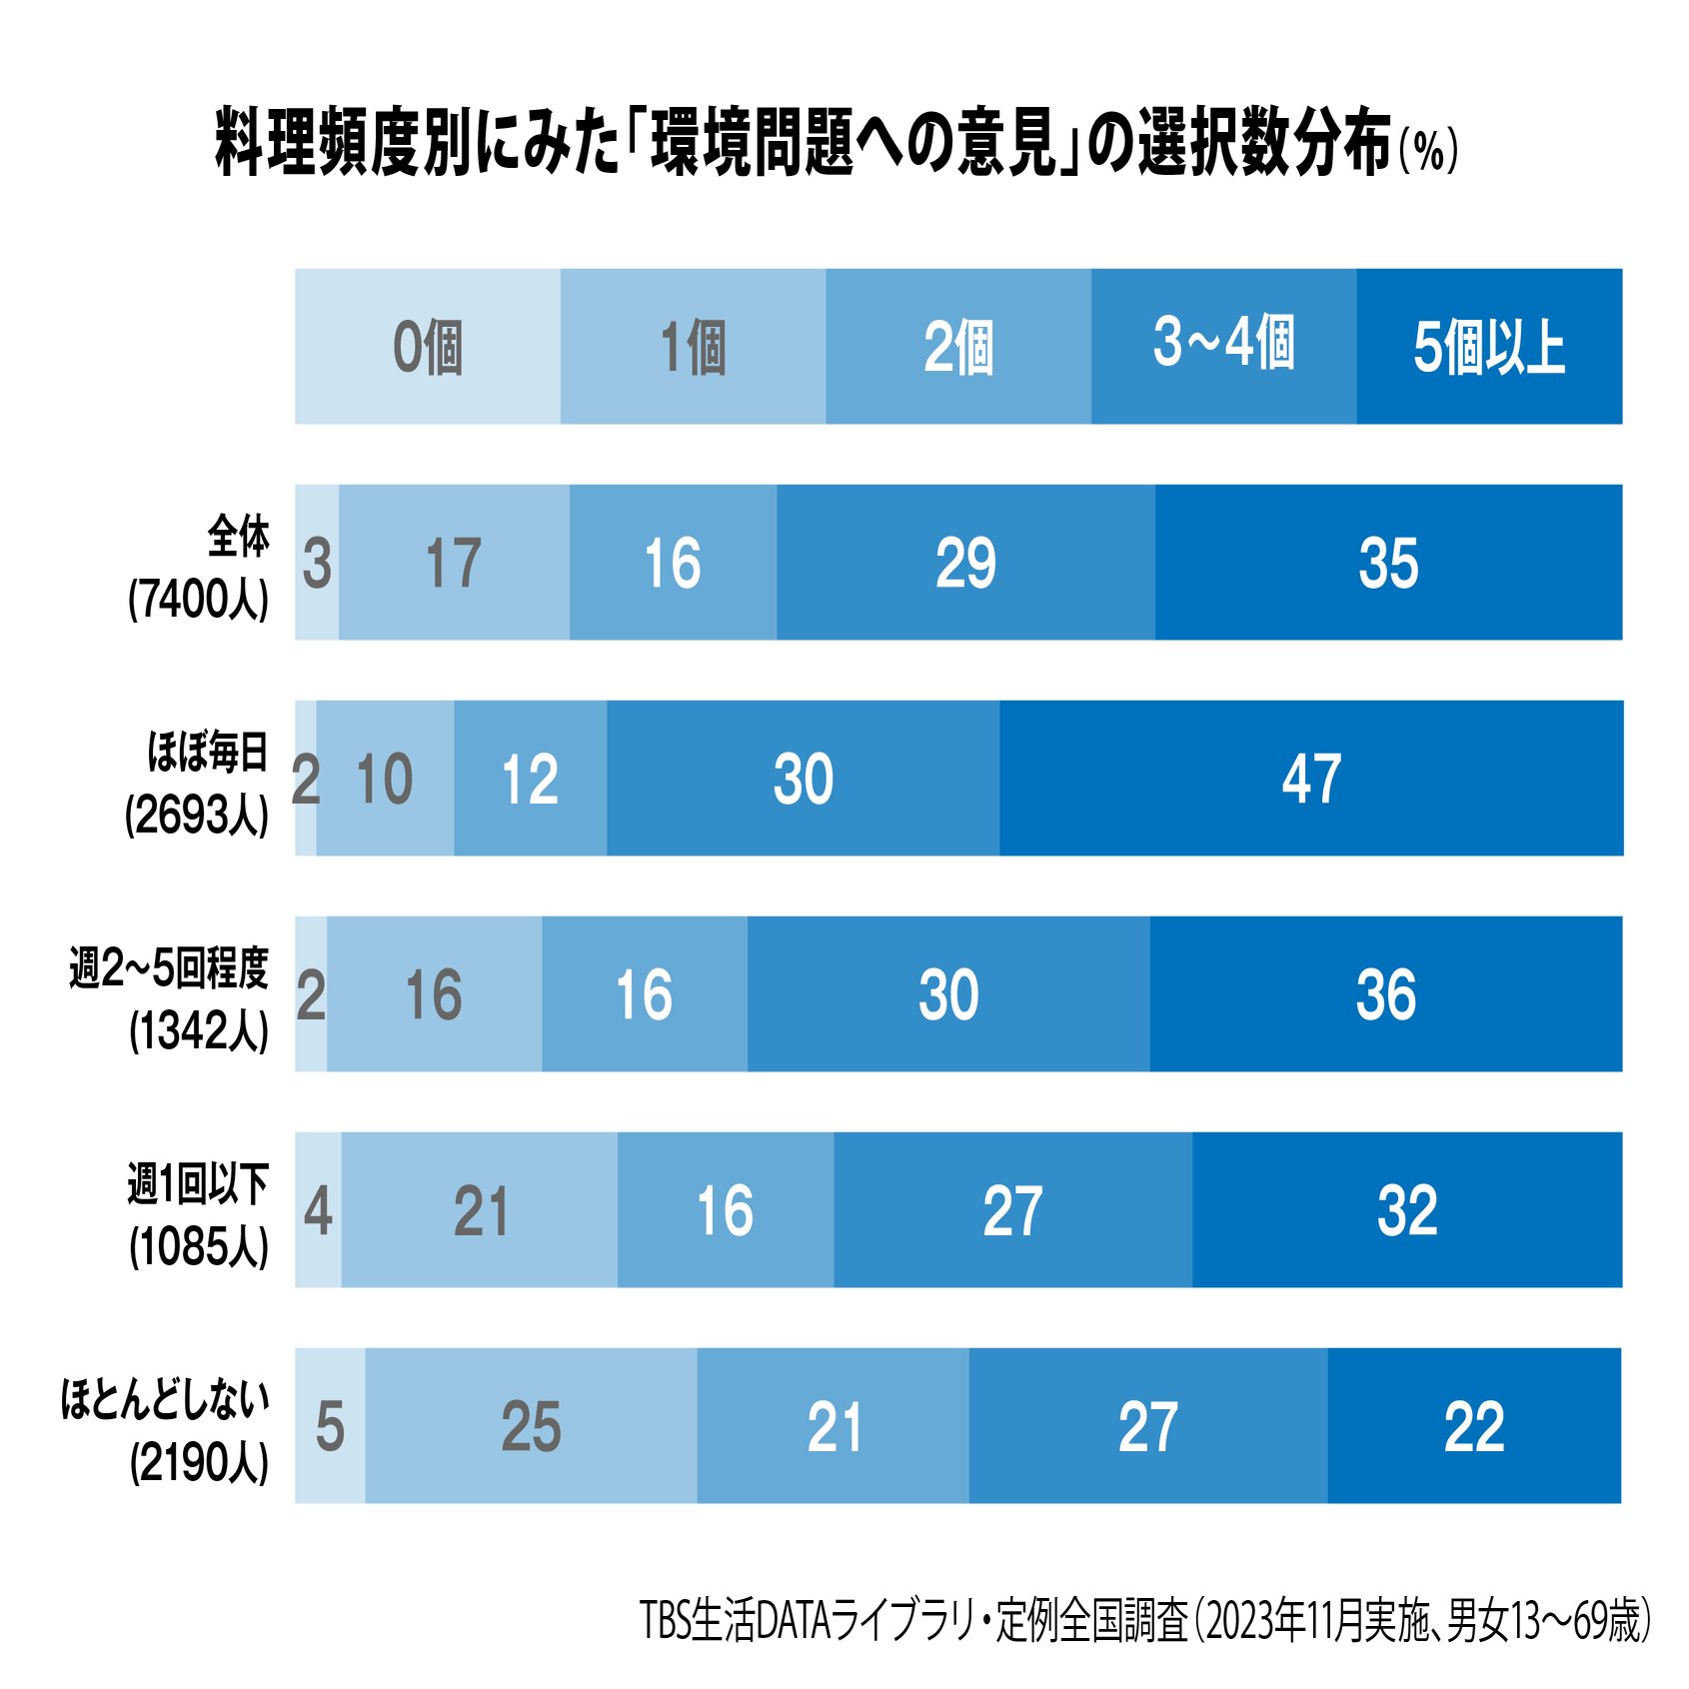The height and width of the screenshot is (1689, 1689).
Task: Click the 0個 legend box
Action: [x=428, y=346]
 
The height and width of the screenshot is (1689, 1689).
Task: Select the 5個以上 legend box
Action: [x=1488, y=346]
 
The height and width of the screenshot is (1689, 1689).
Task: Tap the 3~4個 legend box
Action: [x=1223, y=346]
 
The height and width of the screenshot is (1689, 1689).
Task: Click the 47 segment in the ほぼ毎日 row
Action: [x=1310, y=778]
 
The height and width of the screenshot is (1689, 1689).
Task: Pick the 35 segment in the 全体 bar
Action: [x=1388, y=562]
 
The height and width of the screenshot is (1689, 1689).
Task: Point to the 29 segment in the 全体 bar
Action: [x=965, y=562]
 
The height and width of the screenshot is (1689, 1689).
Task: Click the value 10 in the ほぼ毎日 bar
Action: [x=385, y=778]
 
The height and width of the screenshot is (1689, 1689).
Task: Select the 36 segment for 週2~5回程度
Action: [x=1385, y=993]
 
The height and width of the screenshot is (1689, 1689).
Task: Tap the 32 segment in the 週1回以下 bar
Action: [x=1406, y=1209]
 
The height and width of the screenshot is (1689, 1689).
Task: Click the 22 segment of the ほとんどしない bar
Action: [x=1474, y=1425]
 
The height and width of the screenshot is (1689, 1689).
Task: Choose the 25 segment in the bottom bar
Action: [x=531, y=1425]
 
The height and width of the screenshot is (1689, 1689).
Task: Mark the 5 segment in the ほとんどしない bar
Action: [x=330, y=1425]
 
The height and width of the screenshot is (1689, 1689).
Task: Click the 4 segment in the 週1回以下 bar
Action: [x=318, y=1209]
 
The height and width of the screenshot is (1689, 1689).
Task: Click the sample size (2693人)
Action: [x=198, y=816]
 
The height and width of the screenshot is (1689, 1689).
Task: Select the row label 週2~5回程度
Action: [x=170, y=967]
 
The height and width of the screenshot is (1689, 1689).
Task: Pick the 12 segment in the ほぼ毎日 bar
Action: [x=530, y=778]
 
